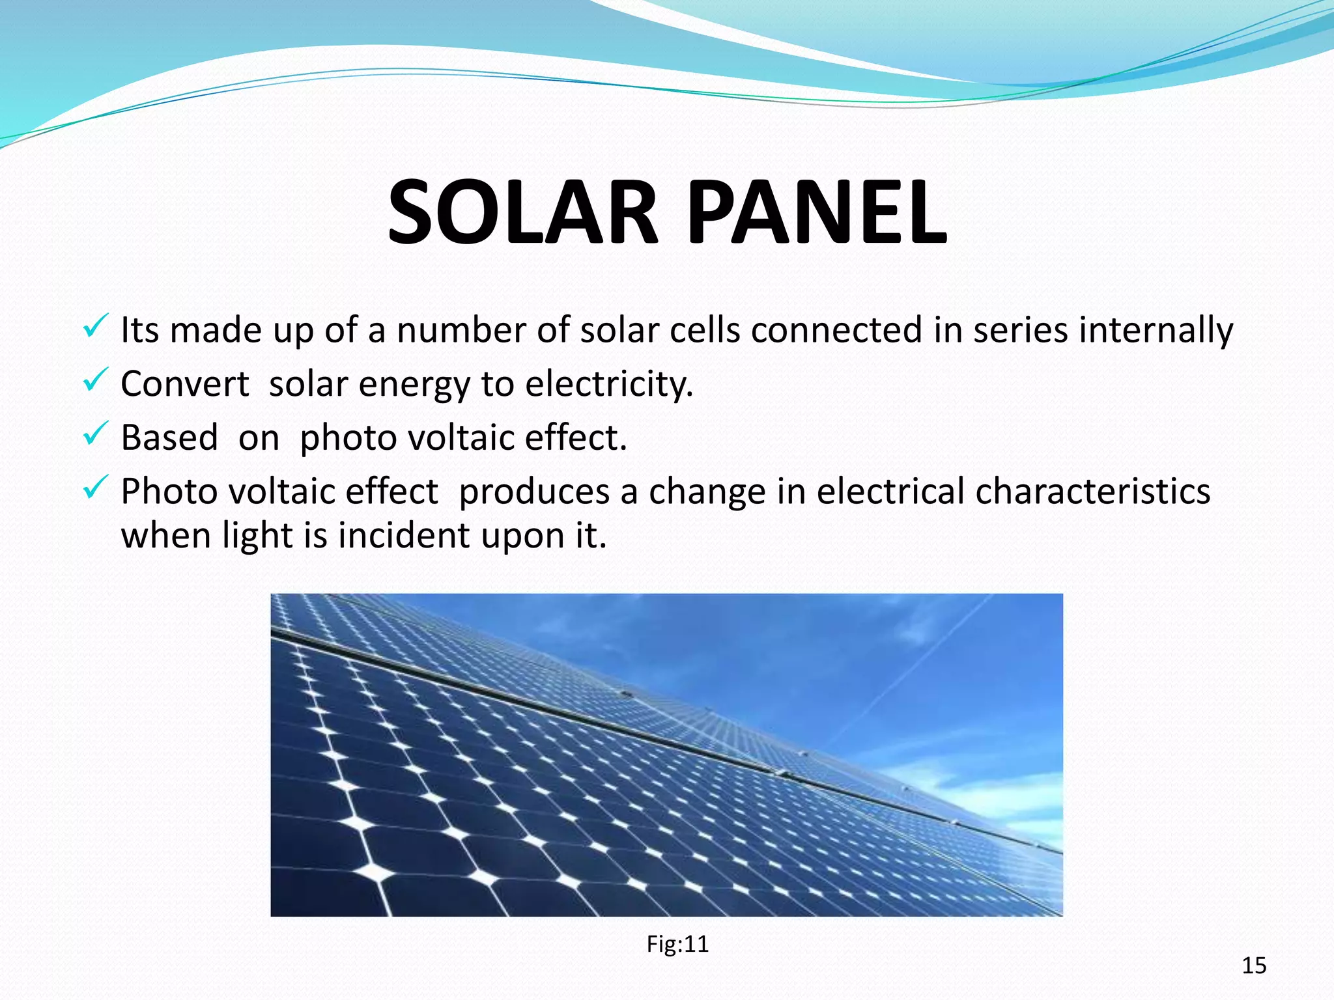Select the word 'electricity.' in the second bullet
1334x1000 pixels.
[x=609, y=383]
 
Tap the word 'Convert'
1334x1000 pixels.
[x=184, y=383]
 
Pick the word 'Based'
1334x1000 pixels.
[x=169, y=437]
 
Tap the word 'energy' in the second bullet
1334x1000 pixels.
[x=414, y=385]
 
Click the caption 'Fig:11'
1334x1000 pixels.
[x=677, y=944]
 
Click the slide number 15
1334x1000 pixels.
[x=1254, y=965]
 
